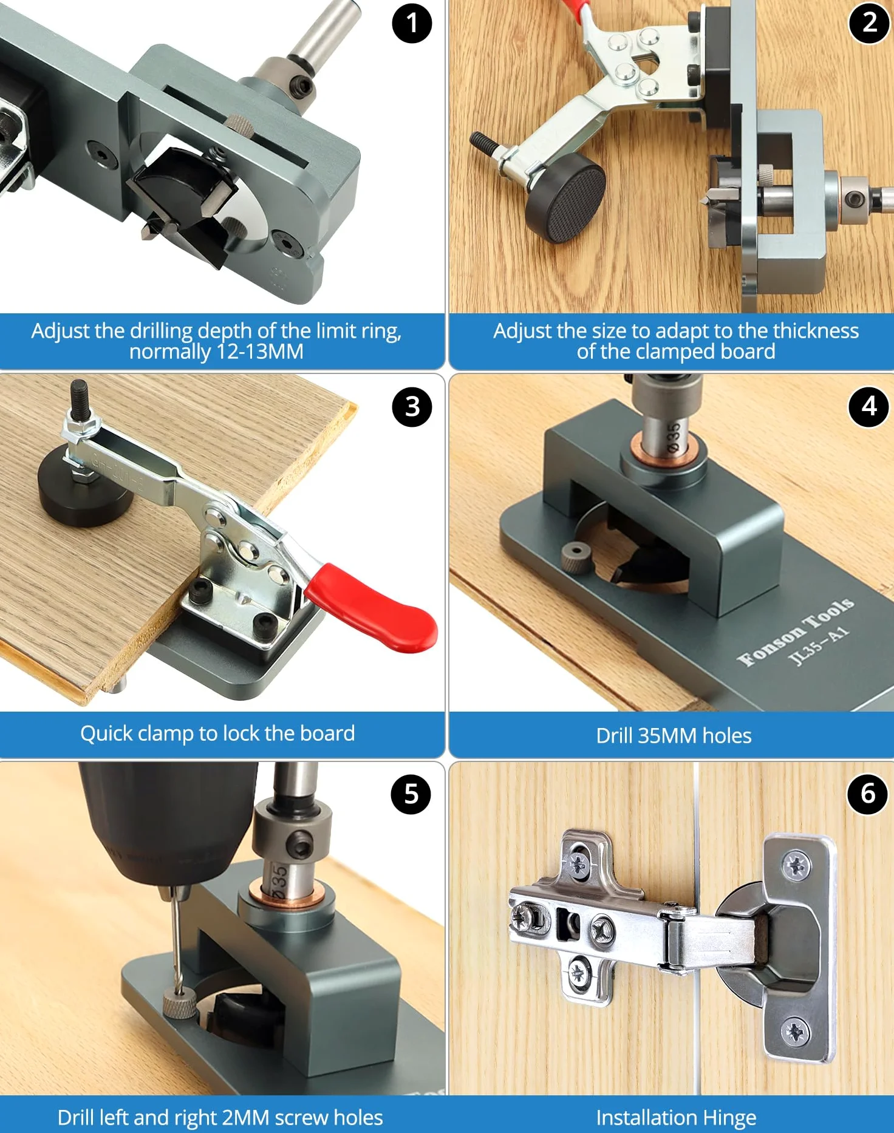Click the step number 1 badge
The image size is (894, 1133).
click(412, 24)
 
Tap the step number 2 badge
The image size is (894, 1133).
click(869, 24)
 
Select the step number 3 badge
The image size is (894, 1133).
click(412, 407)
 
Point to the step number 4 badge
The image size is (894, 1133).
click(868, 407)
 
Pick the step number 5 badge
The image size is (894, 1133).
click(411, 794)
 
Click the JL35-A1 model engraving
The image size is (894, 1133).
click(819, 646)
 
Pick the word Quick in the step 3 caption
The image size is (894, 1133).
click(106, 733)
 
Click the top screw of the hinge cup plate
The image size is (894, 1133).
click(796, 865)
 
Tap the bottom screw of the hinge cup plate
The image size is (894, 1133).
click(795, 1032)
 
